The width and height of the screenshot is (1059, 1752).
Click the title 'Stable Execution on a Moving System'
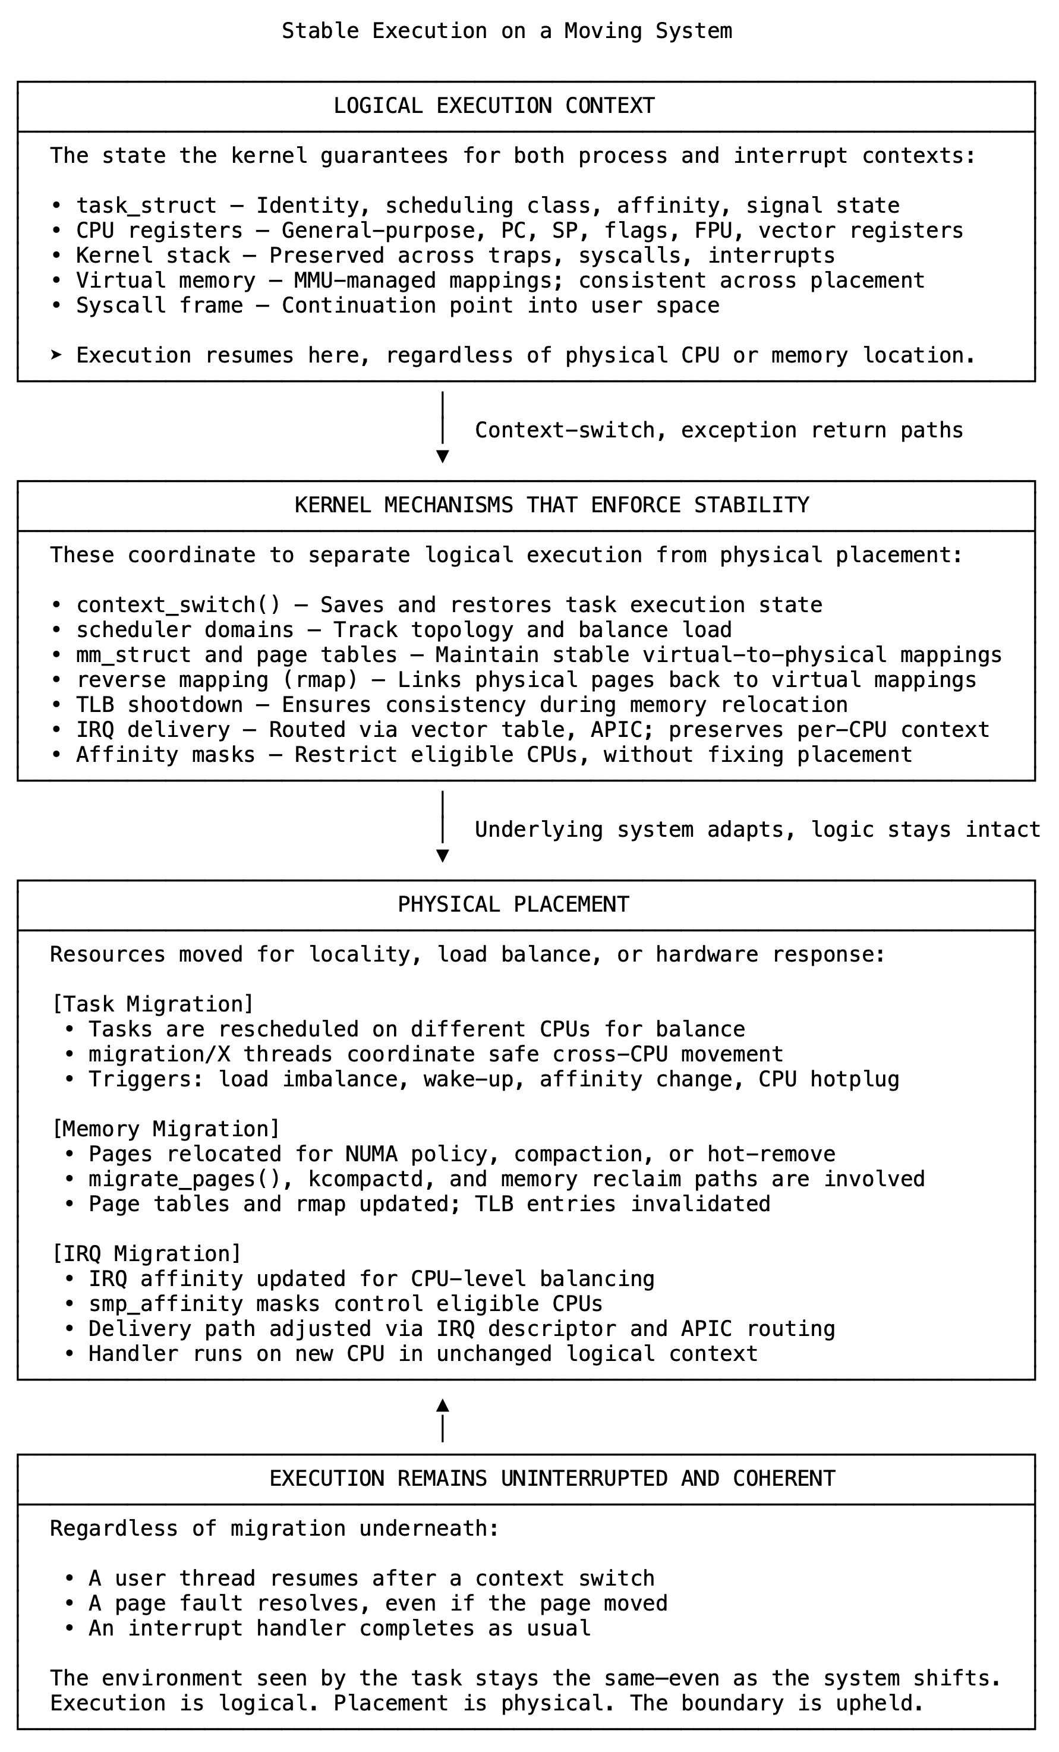coord(506,31)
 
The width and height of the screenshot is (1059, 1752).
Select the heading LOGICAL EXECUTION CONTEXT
coord(494,106)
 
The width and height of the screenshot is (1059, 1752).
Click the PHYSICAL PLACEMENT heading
coord(513,905)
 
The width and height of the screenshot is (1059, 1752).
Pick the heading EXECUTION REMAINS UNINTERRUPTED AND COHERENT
coord(552,1479)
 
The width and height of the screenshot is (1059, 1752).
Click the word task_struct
coord(147,206)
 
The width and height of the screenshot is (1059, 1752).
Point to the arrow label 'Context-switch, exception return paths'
coord(719,431)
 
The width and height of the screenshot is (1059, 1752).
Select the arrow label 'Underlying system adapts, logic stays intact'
coord(758,830)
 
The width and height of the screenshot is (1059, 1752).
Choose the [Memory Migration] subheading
coord(166,1129)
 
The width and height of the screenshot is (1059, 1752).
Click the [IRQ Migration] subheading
coord(147,1253)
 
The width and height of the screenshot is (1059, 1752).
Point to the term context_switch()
coord(178,606)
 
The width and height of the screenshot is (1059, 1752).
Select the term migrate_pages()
coord(191,1180)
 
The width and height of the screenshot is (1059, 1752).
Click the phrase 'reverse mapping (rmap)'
coord(217,680)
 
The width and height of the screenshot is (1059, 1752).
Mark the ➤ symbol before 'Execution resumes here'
coord(57,355)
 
